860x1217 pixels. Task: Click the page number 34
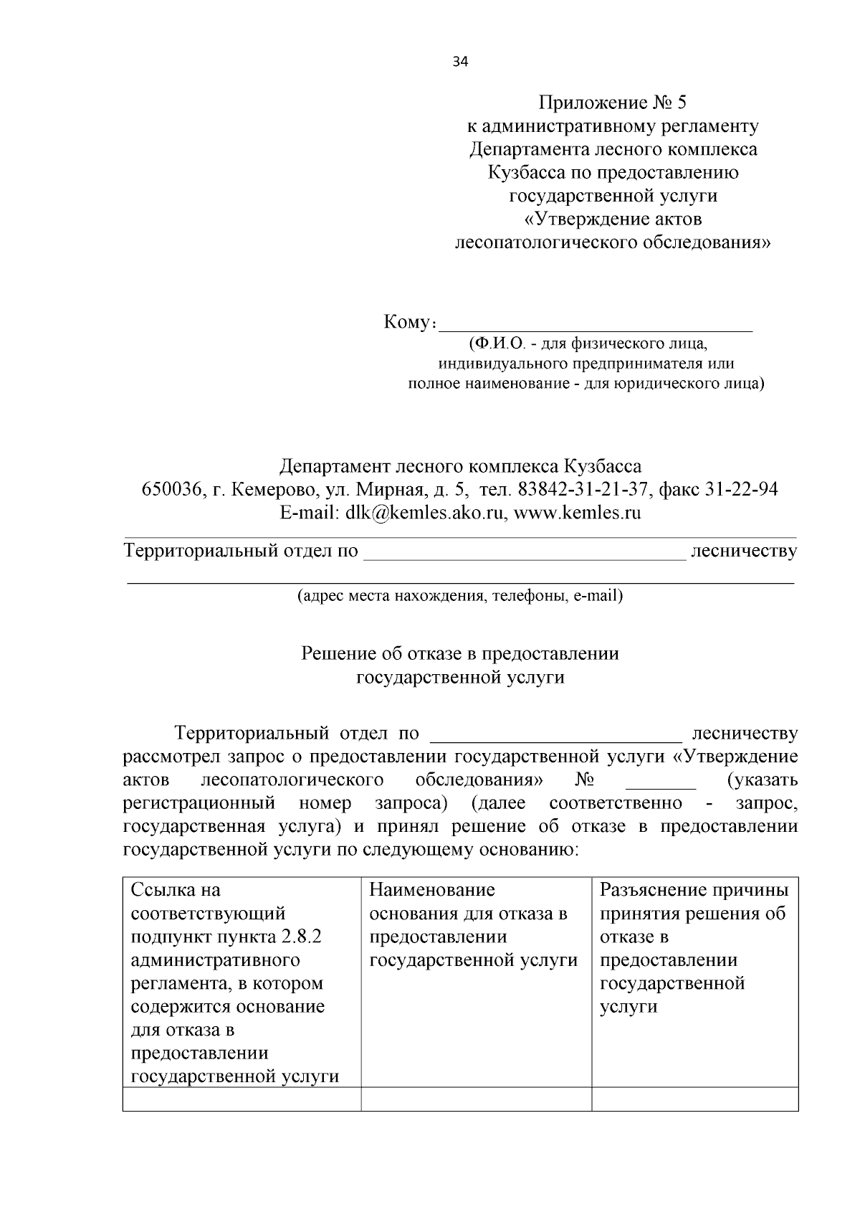point(460,62)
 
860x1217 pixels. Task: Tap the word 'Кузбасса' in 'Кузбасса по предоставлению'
point(527,173)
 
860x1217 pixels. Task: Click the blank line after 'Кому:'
point(595,325)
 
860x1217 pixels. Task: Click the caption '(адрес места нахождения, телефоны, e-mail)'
point(460,595)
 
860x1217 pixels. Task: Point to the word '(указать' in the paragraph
point(762,780)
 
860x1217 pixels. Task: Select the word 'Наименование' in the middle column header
point(432,890)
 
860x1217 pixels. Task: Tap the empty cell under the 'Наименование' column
point(476,1099)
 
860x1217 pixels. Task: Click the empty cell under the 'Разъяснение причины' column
point(694,1099)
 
